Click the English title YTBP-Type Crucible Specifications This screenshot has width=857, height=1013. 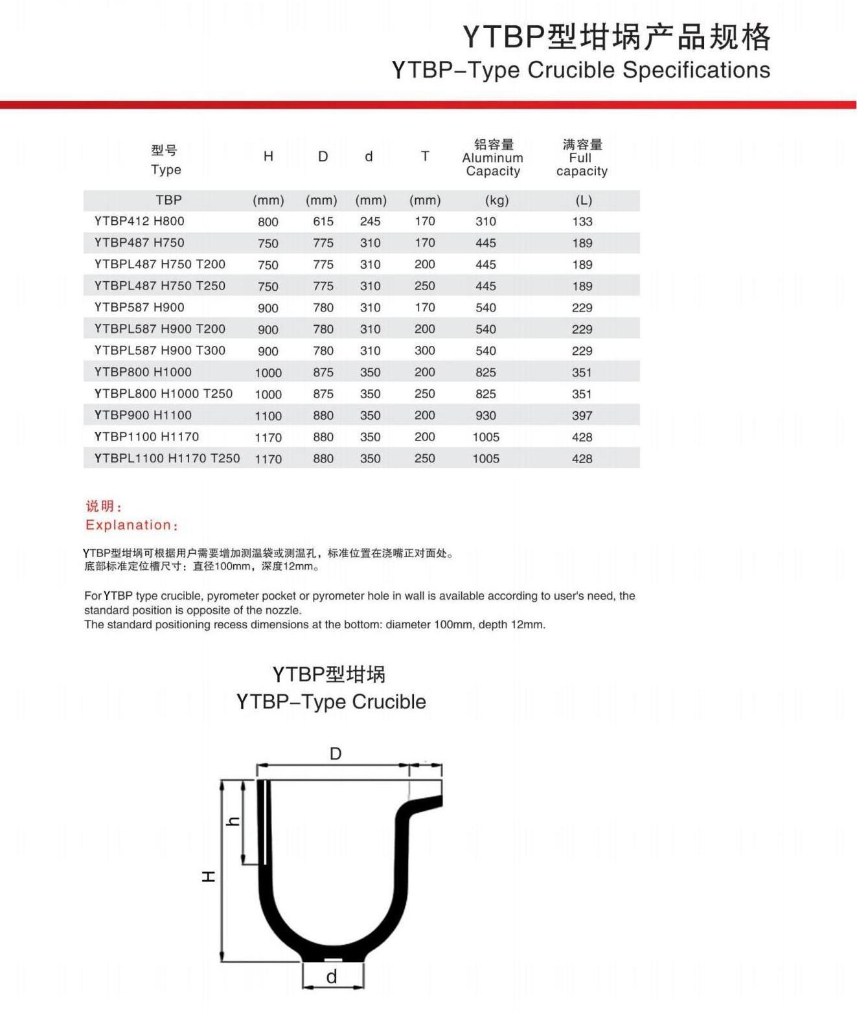(580, 70)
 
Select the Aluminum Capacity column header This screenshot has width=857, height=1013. (493, 158)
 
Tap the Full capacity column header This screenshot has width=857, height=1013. (582, 158)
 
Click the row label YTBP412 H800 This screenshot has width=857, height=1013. (139, 222)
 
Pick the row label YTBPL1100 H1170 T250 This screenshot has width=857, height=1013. (167, 459)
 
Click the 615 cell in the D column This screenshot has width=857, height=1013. (323, 222)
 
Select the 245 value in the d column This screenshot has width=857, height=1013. (370, 222)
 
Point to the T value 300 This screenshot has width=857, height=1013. (425, 350)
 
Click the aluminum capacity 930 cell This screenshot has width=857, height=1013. (486, 415)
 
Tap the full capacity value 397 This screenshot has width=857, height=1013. (582, 415)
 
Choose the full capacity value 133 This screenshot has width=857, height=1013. (582, 222)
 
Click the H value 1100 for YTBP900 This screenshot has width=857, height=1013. (268, 416)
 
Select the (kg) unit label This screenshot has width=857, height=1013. (497, 201)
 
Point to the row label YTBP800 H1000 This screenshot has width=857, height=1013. (143, 372)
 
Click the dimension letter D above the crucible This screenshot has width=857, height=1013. (336, 754)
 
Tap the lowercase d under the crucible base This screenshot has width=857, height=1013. (332, 977)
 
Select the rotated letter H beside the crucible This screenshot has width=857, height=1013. (209, 876)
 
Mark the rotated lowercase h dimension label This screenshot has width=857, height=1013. (233, 821)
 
